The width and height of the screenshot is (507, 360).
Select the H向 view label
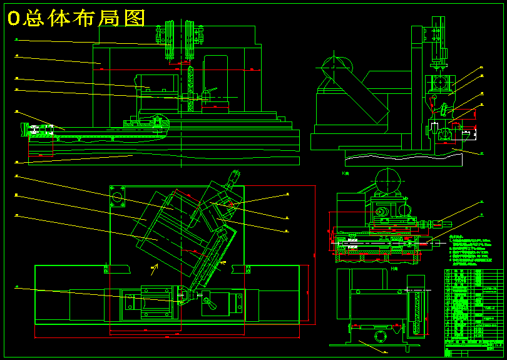coord(394,267)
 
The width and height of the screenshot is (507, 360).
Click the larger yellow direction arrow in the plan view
coord(154,269)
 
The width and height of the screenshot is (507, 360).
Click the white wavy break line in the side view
coord(401,155)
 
